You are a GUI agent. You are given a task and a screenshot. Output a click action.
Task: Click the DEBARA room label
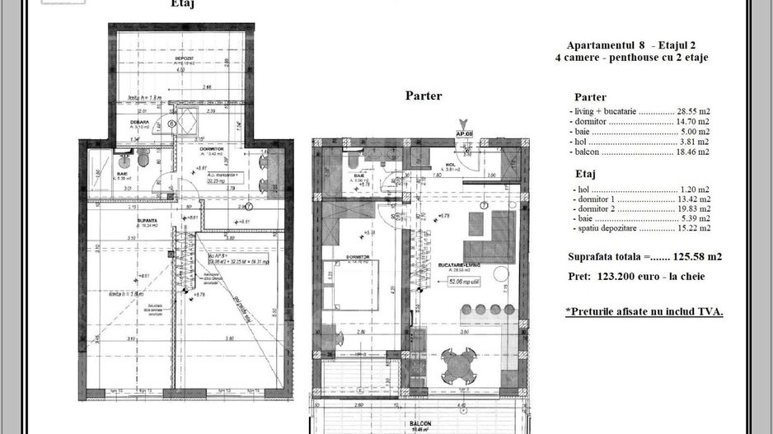pyautogui.click(x=138, y=121)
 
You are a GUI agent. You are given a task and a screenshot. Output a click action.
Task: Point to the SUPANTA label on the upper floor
pyautogui.click(x=124, y=221)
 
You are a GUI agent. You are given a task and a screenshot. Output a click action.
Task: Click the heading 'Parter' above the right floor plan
pyautogui.click(x=423, y=96)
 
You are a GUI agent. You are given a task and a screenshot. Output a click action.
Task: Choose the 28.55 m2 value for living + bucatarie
pyautogui.click(x=693, y=110)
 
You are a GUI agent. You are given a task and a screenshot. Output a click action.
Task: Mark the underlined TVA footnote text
pyautogui.click(x=644, y=312)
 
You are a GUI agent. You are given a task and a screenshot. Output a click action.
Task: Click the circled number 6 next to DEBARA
pyautogui.click(x=171, y=124)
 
